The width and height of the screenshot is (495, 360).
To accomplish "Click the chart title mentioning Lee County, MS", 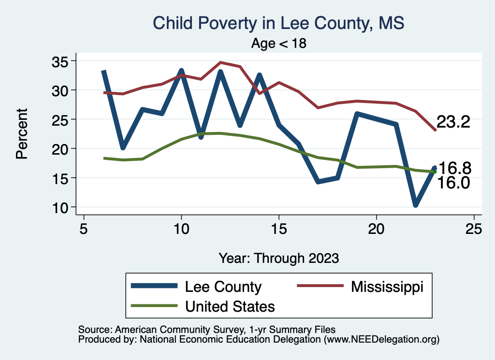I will coord(278,22).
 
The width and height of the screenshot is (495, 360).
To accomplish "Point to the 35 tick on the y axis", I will coord(62,61).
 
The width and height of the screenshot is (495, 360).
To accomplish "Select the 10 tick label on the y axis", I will coord(62,207).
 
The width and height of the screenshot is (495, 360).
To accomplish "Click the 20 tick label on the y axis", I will coord(62,149).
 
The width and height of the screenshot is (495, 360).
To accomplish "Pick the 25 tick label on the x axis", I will coord(474,229).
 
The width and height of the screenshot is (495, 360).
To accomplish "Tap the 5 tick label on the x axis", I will coord(84,229).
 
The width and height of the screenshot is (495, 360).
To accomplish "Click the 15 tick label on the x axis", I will coord(278,229).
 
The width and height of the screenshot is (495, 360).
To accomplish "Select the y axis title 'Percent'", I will coord(21,134).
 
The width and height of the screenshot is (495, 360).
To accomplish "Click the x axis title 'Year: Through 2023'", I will coord(278,258).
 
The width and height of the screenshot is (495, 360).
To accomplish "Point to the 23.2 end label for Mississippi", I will coord(453,122).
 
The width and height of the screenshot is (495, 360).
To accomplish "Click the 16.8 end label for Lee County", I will coord(454,168).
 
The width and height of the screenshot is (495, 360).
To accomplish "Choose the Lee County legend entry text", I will coord(223,287).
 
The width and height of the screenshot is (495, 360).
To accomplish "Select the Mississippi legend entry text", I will coord(387,287).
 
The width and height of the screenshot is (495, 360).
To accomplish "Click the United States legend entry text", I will coord(230,306).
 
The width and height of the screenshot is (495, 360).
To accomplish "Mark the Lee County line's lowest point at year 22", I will coord(415,205).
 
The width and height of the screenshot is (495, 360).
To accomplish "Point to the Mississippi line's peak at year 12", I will coord(220,62).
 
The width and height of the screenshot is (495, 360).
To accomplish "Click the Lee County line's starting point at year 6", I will coord(103,72).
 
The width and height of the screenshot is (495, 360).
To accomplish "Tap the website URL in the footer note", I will coord(381,340).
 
